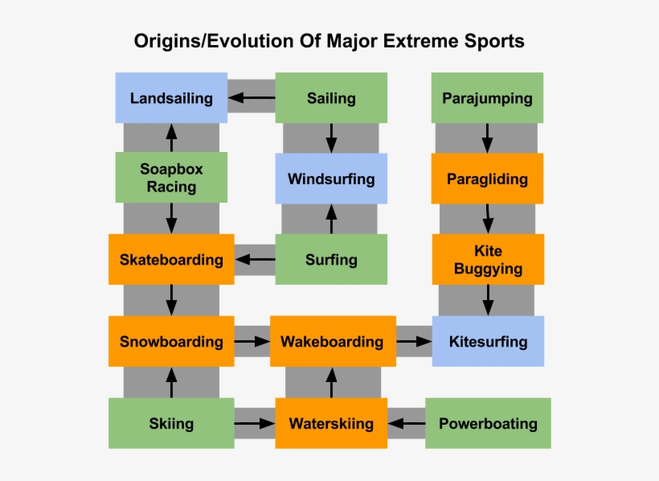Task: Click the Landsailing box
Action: (x=171, y=98)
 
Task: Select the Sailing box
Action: (x=331, y=98)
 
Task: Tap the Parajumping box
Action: (x=487, y=98)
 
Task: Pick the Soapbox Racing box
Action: (x=171, y=178)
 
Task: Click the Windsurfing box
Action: (x=331, y=179)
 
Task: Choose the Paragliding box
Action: (x=487, y=179)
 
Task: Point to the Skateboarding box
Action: (x=171, y=260)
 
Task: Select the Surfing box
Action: (x=331, y=260)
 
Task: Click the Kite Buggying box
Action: (x=488, y=260)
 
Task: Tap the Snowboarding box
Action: (x=171, y=341)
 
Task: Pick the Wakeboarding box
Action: (x=332, y=341)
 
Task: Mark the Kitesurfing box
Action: (x=488, y=341)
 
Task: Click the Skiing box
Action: (x=171, y=423)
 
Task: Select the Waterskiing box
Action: (x=331, y=423)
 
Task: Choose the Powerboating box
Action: (x=488, y=423)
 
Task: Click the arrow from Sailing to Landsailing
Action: (x=251, y=98)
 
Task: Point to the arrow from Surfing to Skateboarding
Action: (x=255, y=260)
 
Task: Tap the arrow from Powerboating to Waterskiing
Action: (x=406, y=423)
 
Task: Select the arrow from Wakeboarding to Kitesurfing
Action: (x=414, y=341)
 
